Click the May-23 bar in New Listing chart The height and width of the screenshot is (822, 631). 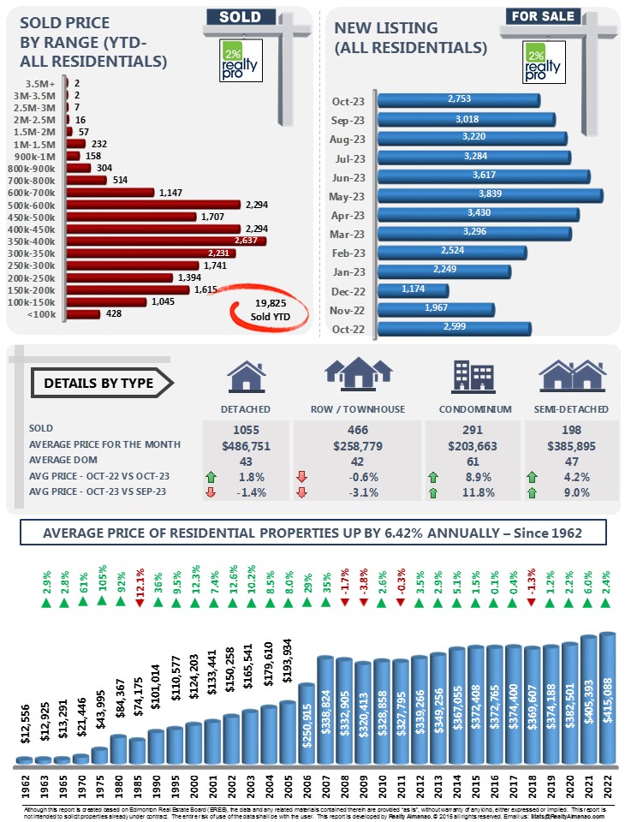[x=489, y=195]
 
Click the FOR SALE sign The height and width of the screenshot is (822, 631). [x=542, y=15]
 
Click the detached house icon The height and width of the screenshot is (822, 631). [x=245, y=377]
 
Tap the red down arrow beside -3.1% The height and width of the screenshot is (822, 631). [x=301, y=491]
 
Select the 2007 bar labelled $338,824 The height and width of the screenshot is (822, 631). [x=324, y=709]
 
